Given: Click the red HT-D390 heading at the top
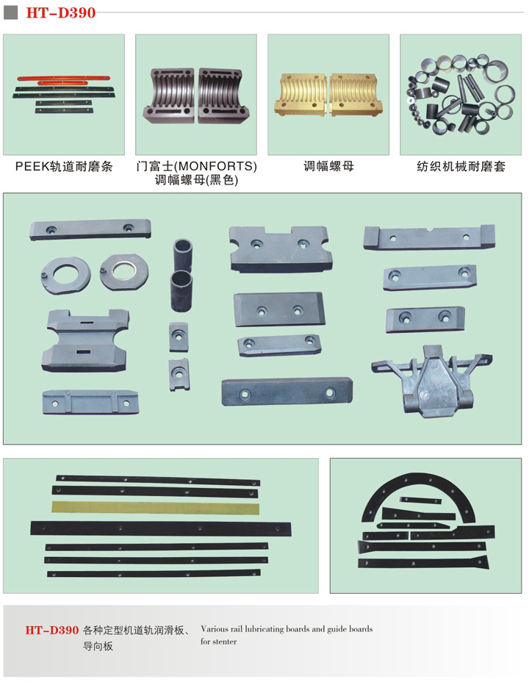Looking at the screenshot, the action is pyautogui.click(x=61, y=12).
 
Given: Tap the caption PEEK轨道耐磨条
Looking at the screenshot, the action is pyautogui.click(x=64, y=167).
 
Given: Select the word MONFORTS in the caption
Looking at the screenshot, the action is pyautogui.click(x=215, y=166).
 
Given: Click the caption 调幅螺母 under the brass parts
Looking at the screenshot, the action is pyautogui.click(x=328, y=166).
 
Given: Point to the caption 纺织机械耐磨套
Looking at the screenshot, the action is pyautogui.click(x=461, y=167).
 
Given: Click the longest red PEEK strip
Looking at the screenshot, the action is pyautogui.click(x=63, y=79).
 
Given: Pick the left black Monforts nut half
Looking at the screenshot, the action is pyautogui.click(x=168, y=96).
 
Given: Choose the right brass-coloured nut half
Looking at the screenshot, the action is pyautogui.click(x=356, y=94).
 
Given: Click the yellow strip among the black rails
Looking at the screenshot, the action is pyautogui.click(x=156, y=508).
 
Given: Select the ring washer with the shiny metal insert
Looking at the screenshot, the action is pyautogui.click(x=124, y=272).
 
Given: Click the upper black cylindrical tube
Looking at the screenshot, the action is pyautogui.click(x=182, y=255).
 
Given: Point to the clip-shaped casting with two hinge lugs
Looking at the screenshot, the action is pyautogui.click(x=432, y=381).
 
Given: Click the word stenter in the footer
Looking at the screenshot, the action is pyautogui.click(x=225, y=642).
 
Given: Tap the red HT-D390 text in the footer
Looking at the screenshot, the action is pyautogui.click(x=51, y=631).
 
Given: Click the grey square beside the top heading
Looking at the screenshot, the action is pyautogui.click(x=10, y=12).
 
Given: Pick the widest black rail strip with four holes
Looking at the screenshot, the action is pyautogui.click(x=161, y=528).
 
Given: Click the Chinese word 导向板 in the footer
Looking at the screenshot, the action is pyautogui.click(x=98, y=646).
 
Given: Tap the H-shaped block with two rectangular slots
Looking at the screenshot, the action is pyautogui.click(x=86, y=340).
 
